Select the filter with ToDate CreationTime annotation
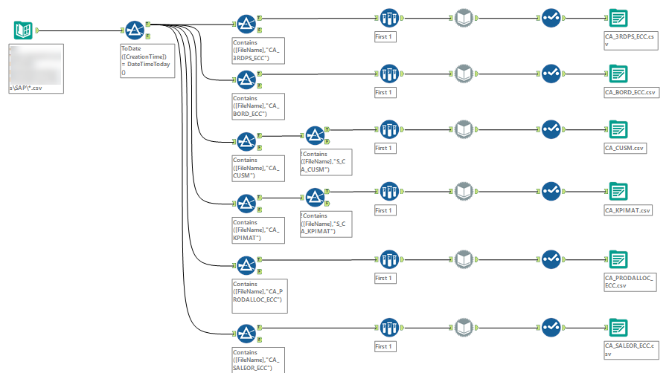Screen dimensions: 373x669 134,30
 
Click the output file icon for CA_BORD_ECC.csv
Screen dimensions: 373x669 617,74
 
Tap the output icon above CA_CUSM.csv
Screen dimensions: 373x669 617,129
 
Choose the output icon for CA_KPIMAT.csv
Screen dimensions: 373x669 617,191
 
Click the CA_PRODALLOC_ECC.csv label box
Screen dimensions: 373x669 630,281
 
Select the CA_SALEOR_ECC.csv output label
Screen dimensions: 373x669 631,348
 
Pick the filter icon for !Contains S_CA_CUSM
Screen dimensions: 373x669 315,134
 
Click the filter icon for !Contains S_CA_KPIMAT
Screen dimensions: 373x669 315,197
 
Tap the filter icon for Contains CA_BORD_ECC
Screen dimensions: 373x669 246,79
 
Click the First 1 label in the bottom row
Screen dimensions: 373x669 384,346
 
